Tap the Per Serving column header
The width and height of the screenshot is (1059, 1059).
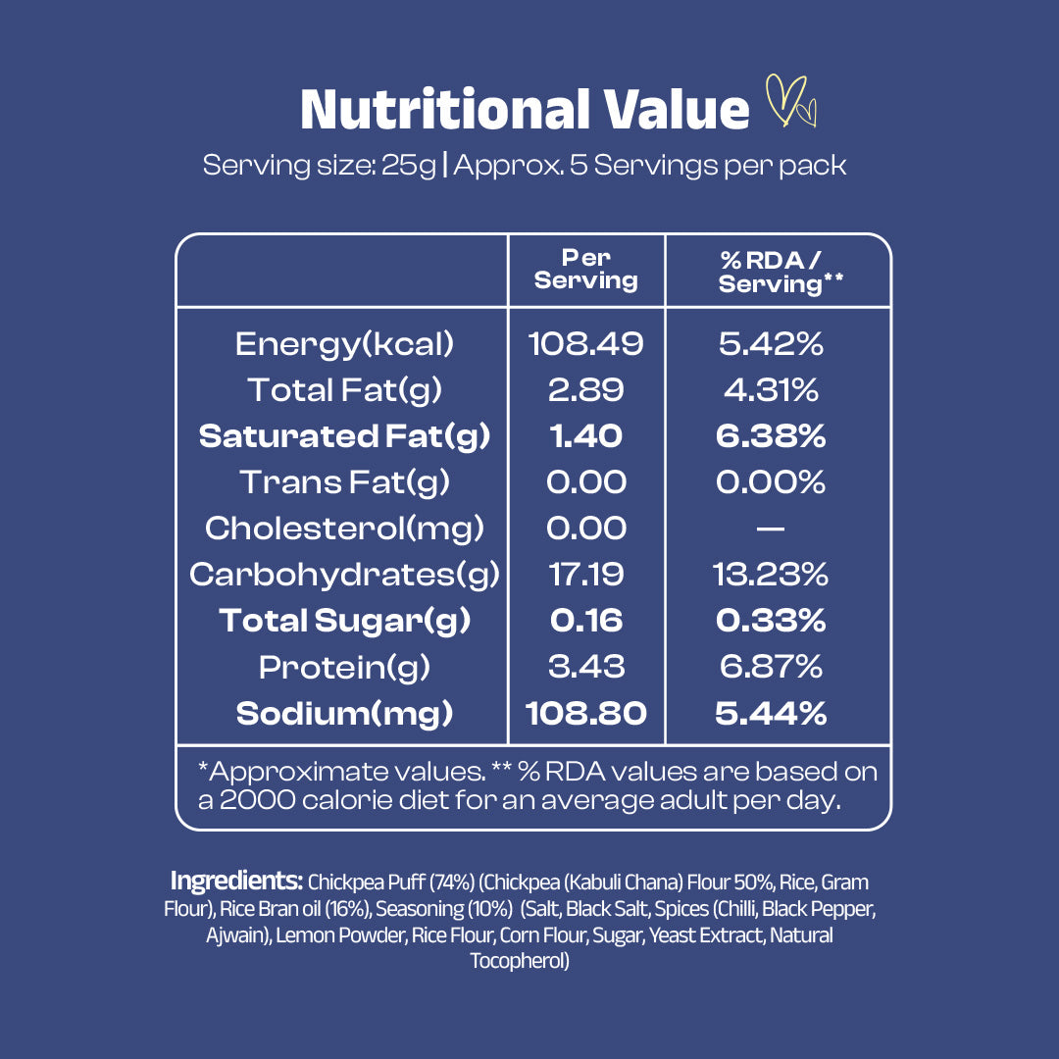tap(585, 270)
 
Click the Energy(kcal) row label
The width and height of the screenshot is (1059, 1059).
tap(344, 344)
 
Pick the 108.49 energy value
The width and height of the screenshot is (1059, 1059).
tap(585, 344)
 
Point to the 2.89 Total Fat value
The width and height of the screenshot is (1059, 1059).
tap(585, 390)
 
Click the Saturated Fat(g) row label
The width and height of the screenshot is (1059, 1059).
tap(344, 436)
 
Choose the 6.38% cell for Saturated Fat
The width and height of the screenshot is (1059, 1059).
tap(771, 436)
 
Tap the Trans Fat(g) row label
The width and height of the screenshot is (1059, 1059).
tap(344, 482)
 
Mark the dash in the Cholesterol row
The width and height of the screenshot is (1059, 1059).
tap(771, 529)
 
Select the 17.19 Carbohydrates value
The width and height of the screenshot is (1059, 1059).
tap(585, 575)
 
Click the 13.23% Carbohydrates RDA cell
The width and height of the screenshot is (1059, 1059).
tap(771, 575)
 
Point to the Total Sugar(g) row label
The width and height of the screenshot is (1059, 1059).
tap(344, 621)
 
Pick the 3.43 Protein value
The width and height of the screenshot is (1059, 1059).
tap(585, 667)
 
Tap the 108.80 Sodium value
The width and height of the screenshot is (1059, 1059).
tap(586, 713)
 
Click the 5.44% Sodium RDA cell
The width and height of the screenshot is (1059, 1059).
tap(771, 713)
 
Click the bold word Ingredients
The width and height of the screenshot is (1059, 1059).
tap(236, 881)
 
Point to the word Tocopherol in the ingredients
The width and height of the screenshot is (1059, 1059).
tap(520, 961)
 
